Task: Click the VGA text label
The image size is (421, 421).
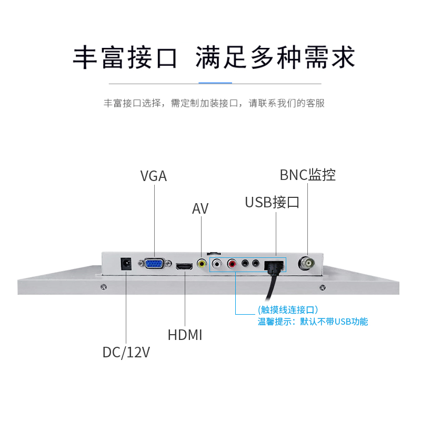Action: (x=154, y=176)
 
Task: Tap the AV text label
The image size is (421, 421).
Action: (x=200, y=209)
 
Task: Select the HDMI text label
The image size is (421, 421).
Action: (x=185, y=335)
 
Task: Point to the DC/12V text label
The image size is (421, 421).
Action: (x=126, y=352)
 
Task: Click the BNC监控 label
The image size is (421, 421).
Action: (x=308, y=175)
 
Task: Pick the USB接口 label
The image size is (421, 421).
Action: (x=272, y=202)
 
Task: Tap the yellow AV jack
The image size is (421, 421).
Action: (x=202, y=263)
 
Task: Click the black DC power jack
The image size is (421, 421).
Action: (x=126, y=263)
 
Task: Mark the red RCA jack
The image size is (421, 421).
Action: (x=232, y=263)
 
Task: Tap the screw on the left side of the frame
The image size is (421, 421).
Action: (x=103, y=287)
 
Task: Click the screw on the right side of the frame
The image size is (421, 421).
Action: (x=322, y=287)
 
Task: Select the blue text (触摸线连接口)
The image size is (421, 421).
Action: (x=288, y=309)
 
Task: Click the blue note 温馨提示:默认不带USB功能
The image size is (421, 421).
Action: (x=313, y=322)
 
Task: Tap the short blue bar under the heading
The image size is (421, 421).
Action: (x=215, y=83)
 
